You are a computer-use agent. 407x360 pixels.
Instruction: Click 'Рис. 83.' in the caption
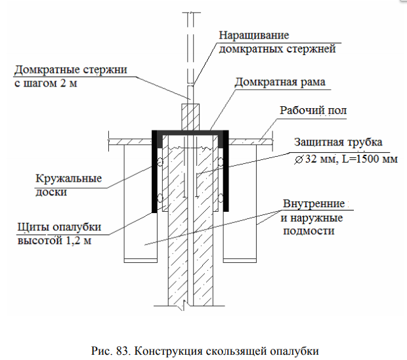click(x=106, y=350)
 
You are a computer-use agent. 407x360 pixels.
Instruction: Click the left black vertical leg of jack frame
click(x=156, y=174)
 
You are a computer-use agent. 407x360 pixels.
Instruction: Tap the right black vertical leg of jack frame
click(x=226, y=174)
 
